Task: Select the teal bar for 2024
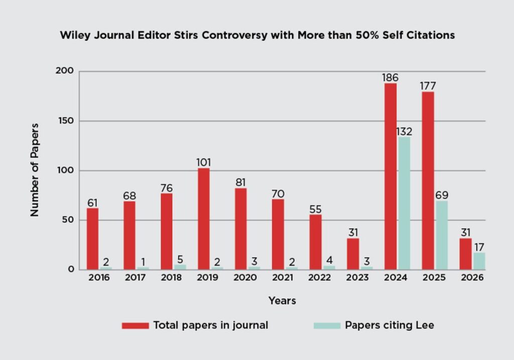404,203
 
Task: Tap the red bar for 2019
204,219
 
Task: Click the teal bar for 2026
479,261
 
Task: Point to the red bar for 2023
353,254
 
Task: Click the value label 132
404,132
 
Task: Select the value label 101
204,163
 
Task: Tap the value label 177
428,86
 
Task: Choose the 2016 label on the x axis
98,278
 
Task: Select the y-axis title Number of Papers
35,170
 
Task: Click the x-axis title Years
282,301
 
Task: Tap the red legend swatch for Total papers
135,325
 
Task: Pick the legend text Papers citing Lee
389,325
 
